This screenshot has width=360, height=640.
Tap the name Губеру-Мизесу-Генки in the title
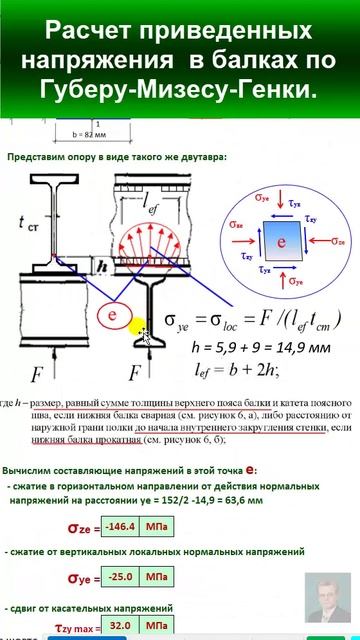point(180,91)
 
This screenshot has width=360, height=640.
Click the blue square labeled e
point(281,242)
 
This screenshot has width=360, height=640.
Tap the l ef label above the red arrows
point(162,204)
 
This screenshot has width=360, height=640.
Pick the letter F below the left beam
point(35,376)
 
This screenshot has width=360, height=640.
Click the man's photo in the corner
point(328,604)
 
